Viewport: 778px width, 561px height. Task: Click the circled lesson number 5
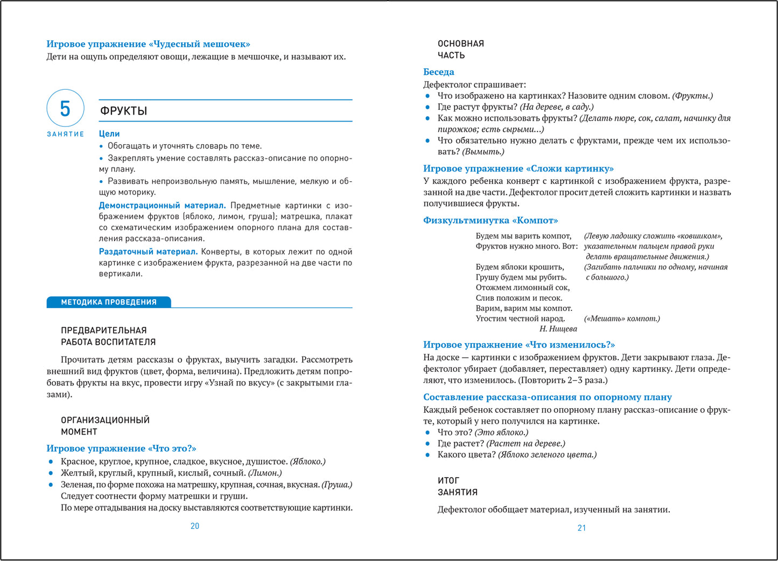tap(65, 109)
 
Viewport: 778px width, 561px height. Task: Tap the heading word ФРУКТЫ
tap(124, 111)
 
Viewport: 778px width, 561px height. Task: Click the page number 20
tap(195, 526)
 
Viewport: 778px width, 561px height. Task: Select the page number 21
tap(581, 528)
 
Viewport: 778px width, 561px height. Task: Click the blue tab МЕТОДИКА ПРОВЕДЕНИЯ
tap(109, 302)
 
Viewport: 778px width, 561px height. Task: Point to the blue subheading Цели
tap(109, 134)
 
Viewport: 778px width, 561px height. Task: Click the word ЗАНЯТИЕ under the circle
tap(65, 134)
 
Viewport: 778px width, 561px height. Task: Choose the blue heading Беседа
tap(438, 72)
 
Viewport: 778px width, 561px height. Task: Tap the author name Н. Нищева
tap(558, 329)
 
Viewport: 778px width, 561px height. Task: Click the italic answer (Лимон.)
tap(264, 473)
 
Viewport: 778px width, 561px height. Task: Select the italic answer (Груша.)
tap(337, 485)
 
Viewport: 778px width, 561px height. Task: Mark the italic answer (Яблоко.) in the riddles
tap(307, 461)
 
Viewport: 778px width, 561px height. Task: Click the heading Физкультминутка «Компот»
tap(490, 221)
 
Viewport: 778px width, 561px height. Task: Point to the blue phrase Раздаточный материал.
tap(148, 252)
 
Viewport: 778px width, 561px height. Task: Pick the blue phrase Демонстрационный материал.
tap(162, 205)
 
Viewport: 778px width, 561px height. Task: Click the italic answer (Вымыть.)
tap(483, 152)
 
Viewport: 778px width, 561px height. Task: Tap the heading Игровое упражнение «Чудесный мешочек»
tap(148, 44)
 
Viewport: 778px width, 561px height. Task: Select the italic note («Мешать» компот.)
tap(622, 318)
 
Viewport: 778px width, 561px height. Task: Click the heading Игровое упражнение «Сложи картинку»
tap(518, 169)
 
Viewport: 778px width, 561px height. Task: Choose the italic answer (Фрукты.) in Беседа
tap(692, 96)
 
